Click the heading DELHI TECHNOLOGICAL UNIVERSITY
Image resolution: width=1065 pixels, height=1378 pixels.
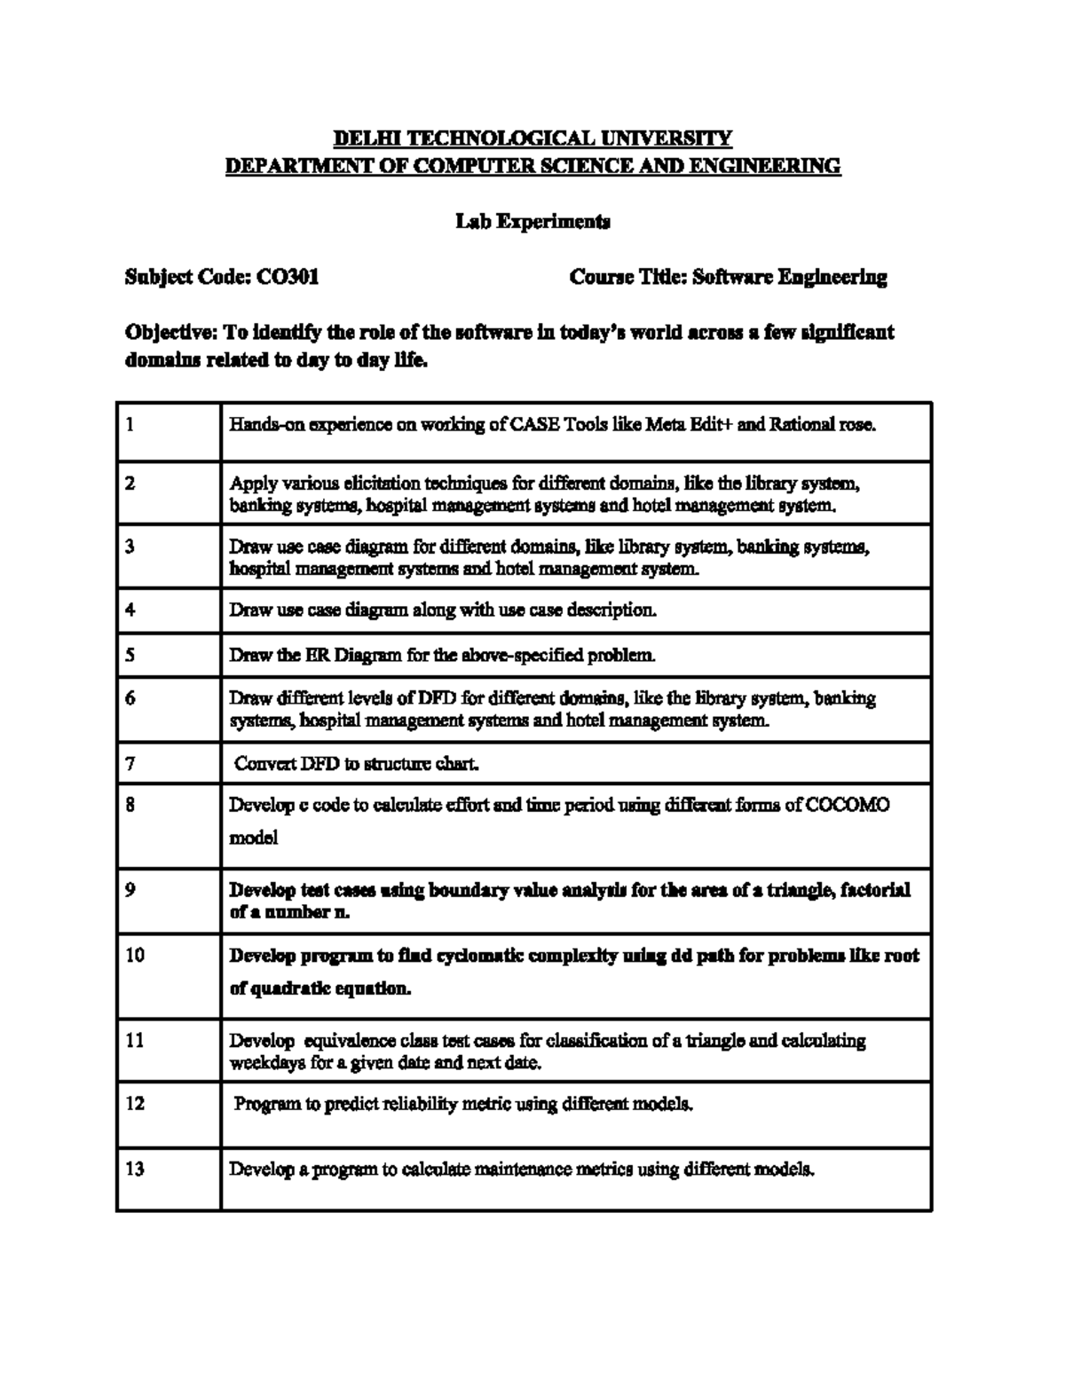532,138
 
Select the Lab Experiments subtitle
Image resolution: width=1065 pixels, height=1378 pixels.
532,221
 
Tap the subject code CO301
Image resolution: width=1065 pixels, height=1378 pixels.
288,277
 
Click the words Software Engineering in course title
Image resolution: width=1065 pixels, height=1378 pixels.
789,277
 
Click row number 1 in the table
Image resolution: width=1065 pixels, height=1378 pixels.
130,424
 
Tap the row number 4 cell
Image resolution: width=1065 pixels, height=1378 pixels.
130,610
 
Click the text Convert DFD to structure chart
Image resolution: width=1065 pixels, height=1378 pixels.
357,763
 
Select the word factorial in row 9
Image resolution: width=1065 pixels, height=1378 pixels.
875,890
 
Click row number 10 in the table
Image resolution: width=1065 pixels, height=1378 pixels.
134,956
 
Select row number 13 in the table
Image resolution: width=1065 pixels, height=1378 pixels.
134,1169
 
